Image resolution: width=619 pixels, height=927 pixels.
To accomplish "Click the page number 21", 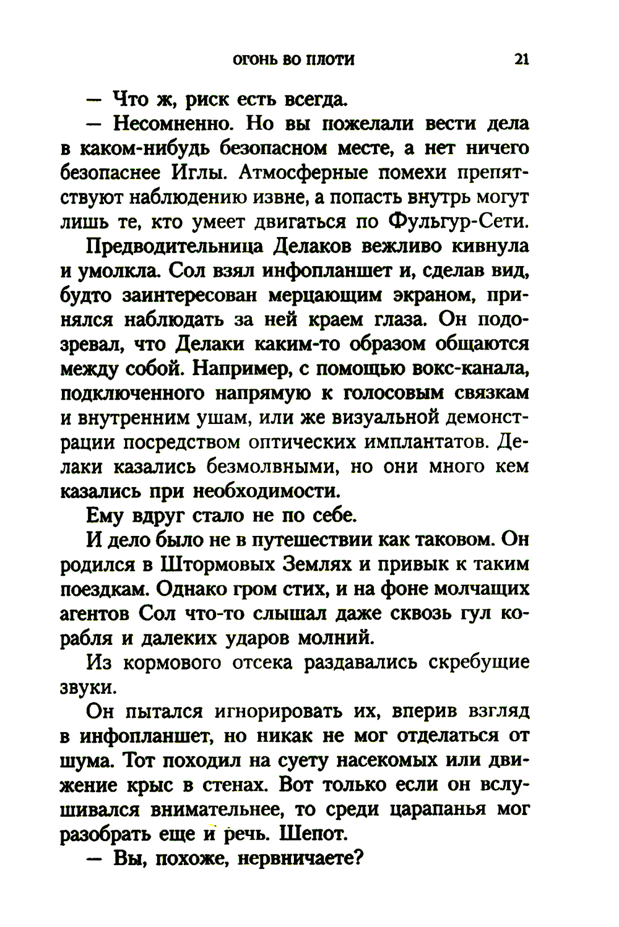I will [521, 60].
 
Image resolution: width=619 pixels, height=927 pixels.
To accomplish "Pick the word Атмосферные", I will [307, 173].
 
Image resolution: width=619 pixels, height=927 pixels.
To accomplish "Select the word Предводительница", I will [176, 246].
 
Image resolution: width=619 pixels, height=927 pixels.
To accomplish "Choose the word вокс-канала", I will [465, 369].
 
